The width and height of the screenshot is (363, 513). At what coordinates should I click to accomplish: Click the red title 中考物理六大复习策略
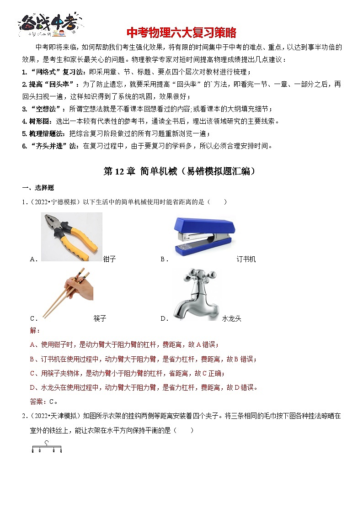point(181,33)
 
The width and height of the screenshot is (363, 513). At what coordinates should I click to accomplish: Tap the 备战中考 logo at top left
point(50,24)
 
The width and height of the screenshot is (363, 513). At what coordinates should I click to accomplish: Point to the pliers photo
point(71,237)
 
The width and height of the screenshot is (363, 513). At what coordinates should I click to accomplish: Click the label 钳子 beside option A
point(110,259)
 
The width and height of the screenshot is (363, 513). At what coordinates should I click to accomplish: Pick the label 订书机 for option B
point(246,259)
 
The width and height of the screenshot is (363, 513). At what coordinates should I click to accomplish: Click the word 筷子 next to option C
point(100,318)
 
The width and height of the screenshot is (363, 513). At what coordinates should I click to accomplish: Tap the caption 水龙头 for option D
point(232,318)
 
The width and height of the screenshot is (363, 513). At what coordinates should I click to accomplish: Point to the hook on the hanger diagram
point(46,442)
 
